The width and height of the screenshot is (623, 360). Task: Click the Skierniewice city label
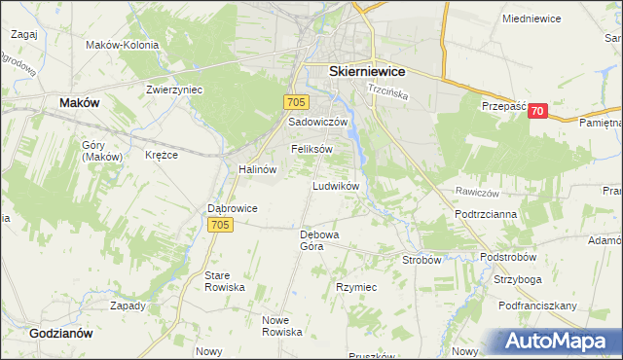coord(367,72)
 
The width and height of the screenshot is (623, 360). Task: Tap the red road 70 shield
coord(537,112)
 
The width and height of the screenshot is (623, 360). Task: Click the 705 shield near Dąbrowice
coord(220,226)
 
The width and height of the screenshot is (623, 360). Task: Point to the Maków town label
coord(79,101)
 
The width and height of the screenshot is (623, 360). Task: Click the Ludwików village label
coord(337,185)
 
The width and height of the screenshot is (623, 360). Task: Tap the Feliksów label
coord(311,149)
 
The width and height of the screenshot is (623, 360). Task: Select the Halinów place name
coord(258,168)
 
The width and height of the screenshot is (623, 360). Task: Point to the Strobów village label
coord(422,260)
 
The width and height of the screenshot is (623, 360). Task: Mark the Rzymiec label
coord(355,288)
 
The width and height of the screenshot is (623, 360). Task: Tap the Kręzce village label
coord(162,155)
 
